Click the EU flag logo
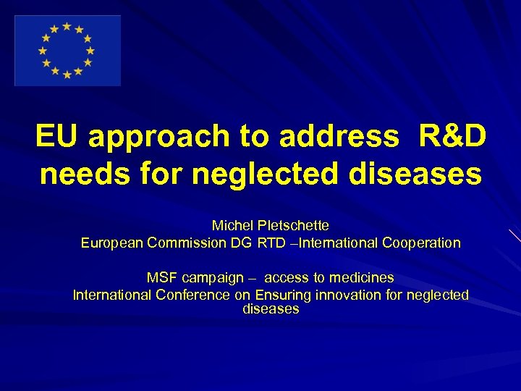click(67, 51)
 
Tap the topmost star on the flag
click(67, 27)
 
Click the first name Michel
click(231, 227)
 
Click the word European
click(111, 243)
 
